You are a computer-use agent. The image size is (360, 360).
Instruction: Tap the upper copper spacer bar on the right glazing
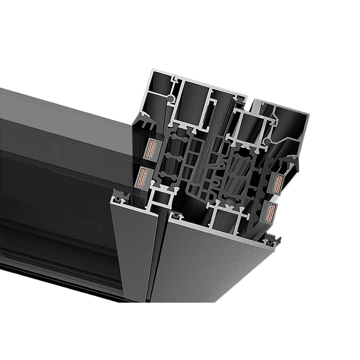277,184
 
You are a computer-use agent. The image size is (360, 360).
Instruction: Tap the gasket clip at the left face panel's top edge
120,196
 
